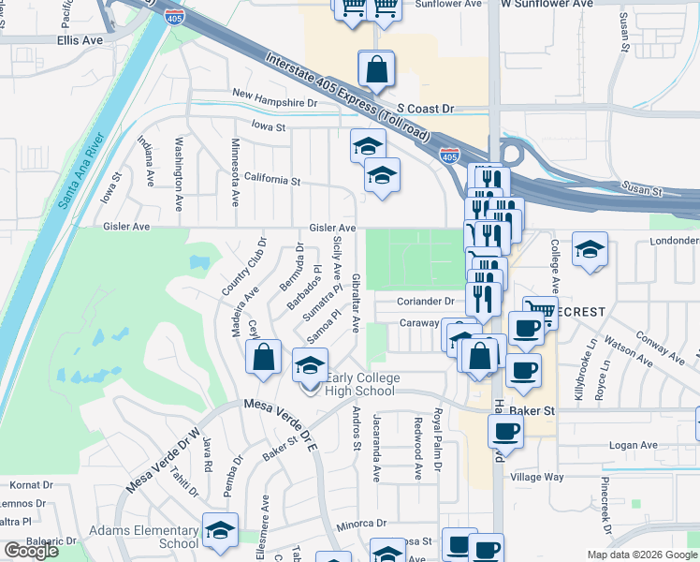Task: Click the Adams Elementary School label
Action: click(x=143, y=537)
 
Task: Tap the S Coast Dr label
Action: click(x=424, y=109)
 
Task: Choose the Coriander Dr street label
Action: click(x=425, y=302)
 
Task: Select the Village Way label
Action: click(x=536, y=477)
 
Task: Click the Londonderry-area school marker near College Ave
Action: click(x=590, y=250)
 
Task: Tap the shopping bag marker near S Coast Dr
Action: click(x=375, y=68)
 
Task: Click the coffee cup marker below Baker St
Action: click(x=505, y=432)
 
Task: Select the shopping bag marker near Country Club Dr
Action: click(x=263, y=356)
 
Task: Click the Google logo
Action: click(x=31, y=551)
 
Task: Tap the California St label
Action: click(x=271, y=179)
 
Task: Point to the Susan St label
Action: click(x=643, y=190)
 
